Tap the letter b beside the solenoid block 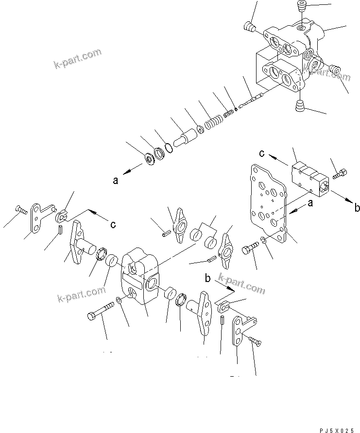357,208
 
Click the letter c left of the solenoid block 261,153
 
